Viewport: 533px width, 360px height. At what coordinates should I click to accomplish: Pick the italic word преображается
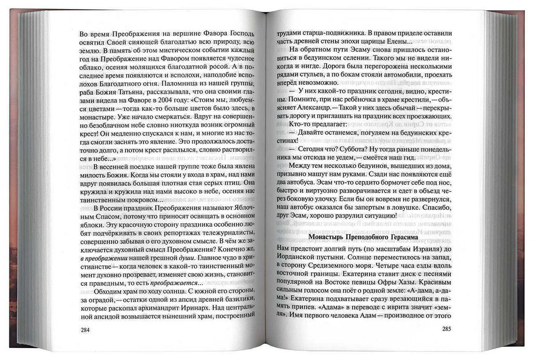click(x=173, y=284)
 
